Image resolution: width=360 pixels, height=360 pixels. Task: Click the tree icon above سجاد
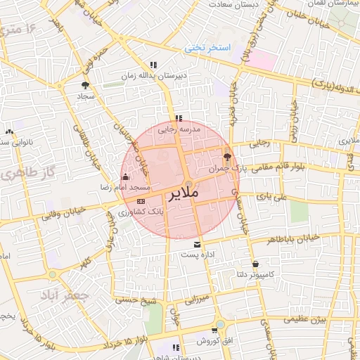pyautogui.click(x=85, y=85)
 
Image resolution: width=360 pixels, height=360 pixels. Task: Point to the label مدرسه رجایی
pyautogui.click(x=179, y=129)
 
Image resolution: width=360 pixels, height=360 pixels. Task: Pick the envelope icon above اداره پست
pyautogui.click(x=197, y=243)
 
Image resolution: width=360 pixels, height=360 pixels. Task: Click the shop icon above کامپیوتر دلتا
pyautogui.click(x=255, y=264)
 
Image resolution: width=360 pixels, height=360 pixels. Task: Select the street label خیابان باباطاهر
pyautogui.click(x=293, y=238)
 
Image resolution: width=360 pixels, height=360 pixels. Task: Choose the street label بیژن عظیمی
pyautogui.click(x=302, y=319)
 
